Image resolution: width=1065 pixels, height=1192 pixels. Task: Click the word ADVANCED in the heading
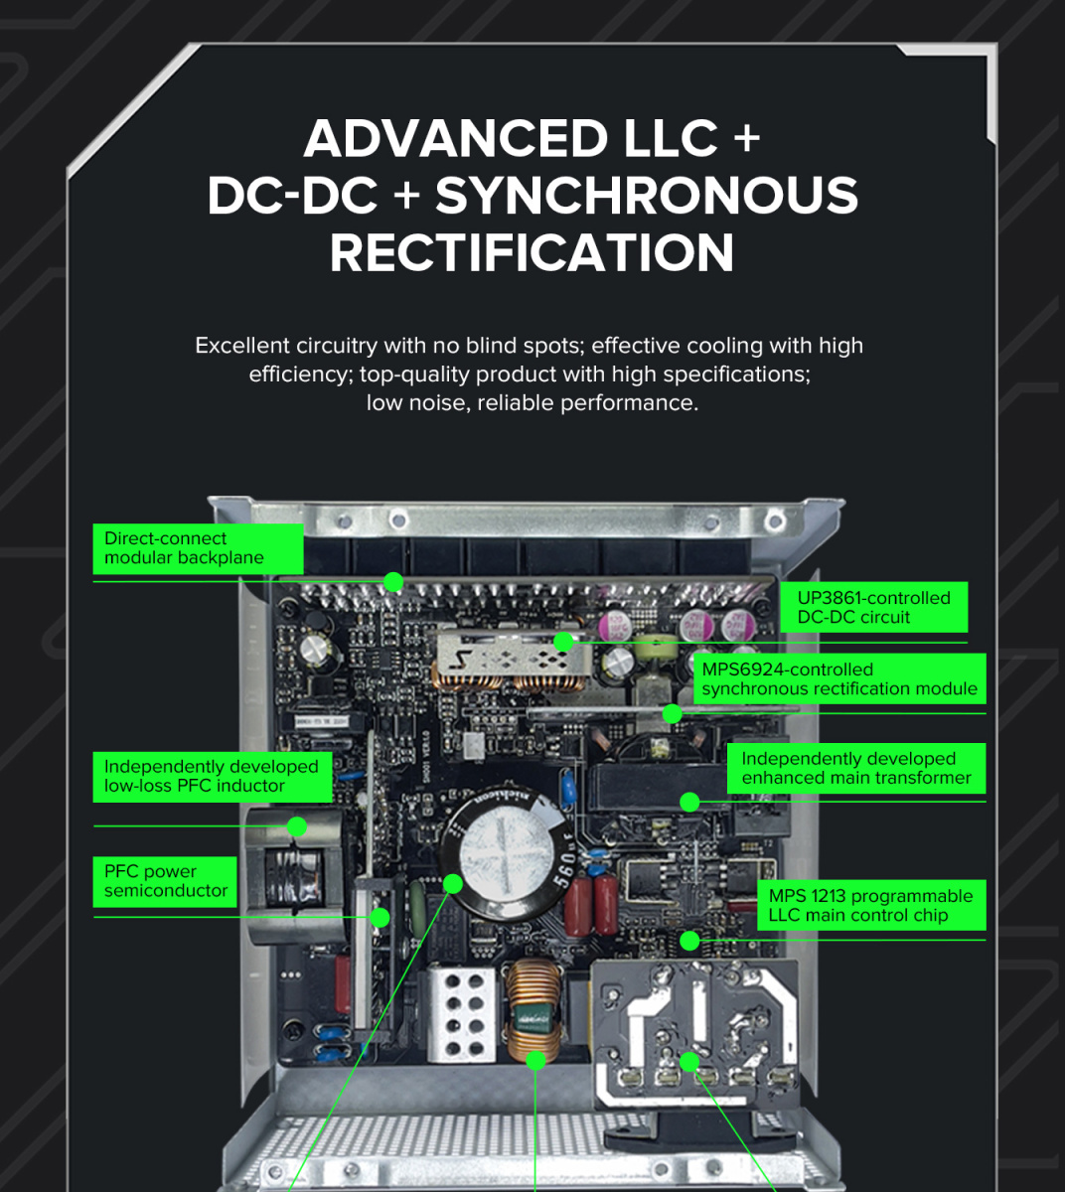(455, 139)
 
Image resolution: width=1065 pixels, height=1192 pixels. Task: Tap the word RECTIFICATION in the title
(532, 252)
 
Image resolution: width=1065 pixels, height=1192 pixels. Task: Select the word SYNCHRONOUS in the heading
(647, 196)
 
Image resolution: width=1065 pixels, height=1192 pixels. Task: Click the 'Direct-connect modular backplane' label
(199, 549)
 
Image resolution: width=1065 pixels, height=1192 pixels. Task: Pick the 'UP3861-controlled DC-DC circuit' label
(874, 607)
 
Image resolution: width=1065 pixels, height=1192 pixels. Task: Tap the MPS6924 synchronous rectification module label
(839, 679)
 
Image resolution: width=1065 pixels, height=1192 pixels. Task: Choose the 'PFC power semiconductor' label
(165, 881)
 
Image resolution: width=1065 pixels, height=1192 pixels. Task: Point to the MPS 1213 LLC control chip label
(871, 906)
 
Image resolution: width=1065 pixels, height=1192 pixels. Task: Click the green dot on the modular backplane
(393, 582)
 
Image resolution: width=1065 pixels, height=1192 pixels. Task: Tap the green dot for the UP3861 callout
(563, 642)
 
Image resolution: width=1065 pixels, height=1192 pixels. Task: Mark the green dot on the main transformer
(689, 802)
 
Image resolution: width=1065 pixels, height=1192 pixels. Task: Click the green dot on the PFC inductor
(297, 826)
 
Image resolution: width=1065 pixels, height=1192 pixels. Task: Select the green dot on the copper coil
(535, 1060)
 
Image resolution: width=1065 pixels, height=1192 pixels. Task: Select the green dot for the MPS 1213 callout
(689, 940)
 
